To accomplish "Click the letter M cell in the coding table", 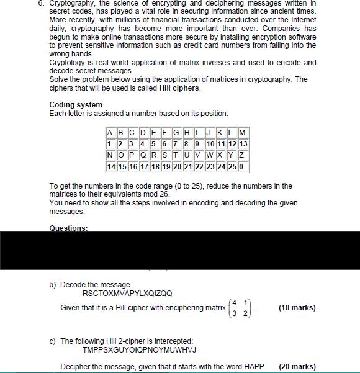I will point(243,132).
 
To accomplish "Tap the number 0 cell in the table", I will point(243,168).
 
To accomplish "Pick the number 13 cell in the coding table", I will point(243,144).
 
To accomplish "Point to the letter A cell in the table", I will point(110,132).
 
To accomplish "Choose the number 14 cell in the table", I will point(111,168).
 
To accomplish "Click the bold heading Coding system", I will point(76,104).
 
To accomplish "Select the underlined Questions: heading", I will point(68,228).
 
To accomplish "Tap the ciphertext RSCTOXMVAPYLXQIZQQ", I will point(127,294).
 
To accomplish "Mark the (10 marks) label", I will point(297,308).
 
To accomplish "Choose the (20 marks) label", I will point(297,367).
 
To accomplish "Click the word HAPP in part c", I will point(255,367).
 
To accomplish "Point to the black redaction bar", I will point(180,250).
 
